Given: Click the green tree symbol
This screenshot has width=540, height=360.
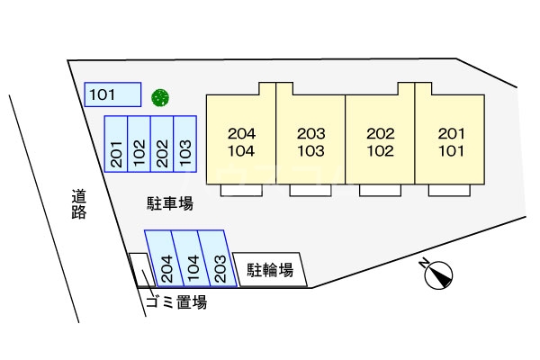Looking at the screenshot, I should coord(161,95).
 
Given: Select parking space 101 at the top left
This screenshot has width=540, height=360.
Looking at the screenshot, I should coord(112,94).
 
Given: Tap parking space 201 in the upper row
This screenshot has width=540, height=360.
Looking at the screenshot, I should coord(117,145).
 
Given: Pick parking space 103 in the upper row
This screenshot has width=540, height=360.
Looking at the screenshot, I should coord(184,145).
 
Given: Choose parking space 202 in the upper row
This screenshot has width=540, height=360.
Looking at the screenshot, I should coord(162,145).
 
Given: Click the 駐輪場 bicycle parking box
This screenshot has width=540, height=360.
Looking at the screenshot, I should coord(270,269).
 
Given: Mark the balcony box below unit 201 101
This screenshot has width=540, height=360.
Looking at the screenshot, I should coord(449,190).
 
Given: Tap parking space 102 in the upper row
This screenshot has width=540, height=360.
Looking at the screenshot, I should coord(139,145).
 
